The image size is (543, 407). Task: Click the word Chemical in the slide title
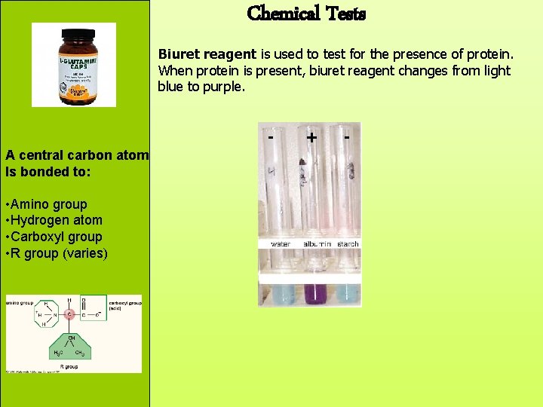(x=280, y=13)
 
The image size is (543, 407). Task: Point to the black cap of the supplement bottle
(x=74, y=35)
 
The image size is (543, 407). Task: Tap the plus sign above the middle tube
(x=311, y=138)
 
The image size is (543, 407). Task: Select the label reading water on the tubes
(x=281, y=244)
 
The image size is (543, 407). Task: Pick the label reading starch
(x=348, y=244)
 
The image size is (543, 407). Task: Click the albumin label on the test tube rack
(x=316, y=244)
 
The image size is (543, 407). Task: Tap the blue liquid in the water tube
(x=282, y=294)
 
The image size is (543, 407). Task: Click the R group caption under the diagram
(x=69, y=367)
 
